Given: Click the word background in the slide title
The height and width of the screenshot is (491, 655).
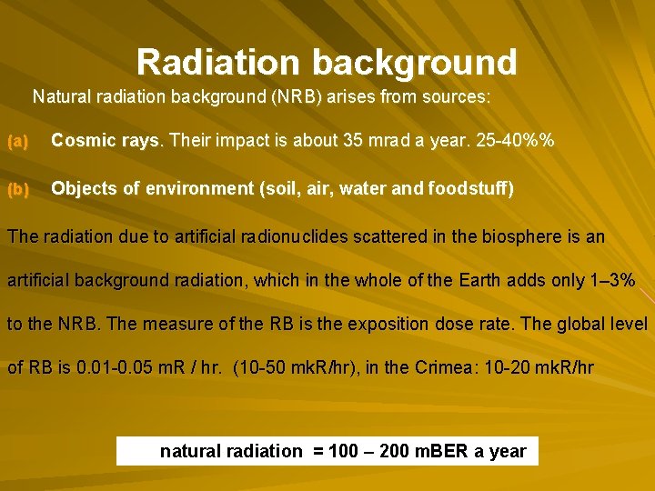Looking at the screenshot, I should pos(415,62).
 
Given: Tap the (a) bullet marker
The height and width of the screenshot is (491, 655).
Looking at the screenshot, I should pos(18,141).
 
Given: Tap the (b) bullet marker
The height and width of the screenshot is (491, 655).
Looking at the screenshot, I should pos(18,189).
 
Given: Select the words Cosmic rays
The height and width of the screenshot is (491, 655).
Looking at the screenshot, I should pos(106,141).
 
